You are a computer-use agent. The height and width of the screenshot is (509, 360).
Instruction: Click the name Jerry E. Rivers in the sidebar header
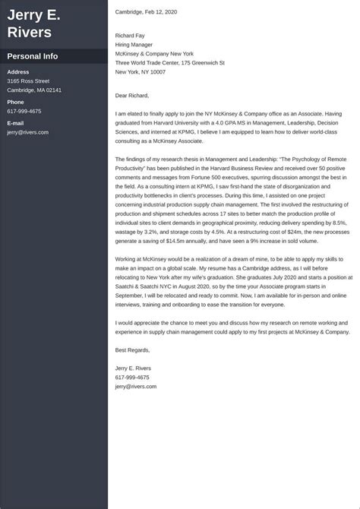point(34,24)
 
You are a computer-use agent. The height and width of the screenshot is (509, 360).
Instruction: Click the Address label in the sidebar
point(19,71)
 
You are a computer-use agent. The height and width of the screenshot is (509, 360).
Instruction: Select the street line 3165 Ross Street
point(28,81)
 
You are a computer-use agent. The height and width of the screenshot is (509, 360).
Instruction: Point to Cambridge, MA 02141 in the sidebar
point(34,90)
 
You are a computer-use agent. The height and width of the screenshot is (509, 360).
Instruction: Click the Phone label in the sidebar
point(16,102)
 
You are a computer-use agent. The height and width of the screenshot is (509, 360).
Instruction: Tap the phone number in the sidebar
point(24,111)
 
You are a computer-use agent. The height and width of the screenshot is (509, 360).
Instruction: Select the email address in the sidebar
point(28,132)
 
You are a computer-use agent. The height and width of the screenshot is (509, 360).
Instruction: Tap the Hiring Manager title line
point(135,44)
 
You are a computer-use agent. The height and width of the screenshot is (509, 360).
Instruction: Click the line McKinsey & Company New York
point(154,53)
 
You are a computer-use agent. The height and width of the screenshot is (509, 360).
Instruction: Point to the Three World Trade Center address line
point(170,62)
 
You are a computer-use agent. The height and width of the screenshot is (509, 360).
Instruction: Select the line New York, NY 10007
point(141,71)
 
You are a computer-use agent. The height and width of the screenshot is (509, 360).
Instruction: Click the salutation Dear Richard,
point(133,96)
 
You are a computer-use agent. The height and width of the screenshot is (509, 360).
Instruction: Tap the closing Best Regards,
point(133,349)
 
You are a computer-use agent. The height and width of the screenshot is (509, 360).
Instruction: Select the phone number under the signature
point(132,377)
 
